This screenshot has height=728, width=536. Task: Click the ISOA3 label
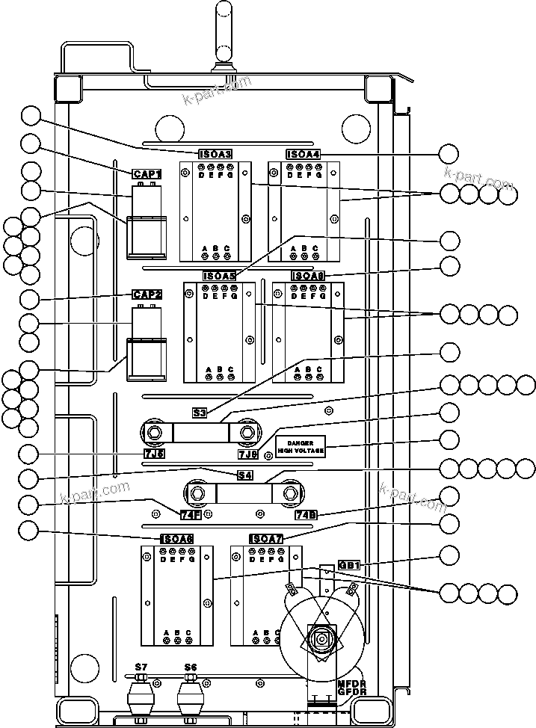(215, 154)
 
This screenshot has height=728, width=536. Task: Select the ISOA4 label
(304, 154)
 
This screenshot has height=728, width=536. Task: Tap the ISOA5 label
(220, 276)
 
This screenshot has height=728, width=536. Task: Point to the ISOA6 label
(177, 539)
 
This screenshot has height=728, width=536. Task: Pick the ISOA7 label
(266, 539)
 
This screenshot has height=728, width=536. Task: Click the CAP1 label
(147, 173)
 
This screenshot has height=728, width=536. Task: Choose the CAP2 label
(147, 294)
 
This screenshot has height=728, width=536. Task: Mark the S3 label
(200, 412)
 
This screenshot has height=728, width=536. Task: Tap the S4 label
(244, 475)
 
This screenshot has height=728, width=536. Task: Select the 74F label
(191, 513)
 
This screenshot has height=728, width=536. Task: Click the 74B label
(306, 513)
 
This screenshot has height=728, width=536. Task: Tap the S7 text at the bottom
(141, 667)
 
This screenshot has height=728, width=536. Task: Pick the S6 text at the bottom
(191, 667)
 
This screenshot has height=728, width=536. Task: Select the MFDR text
(351, 682)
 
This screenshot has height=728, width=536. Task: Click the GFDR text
(351, 692)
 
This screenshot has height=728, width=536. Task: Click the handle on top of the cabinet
(223, 34)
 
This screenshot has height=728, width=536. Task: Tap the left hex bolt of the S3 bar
(153, 432)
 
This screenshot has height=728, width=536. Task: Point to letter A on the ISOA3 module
(206, 248)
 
